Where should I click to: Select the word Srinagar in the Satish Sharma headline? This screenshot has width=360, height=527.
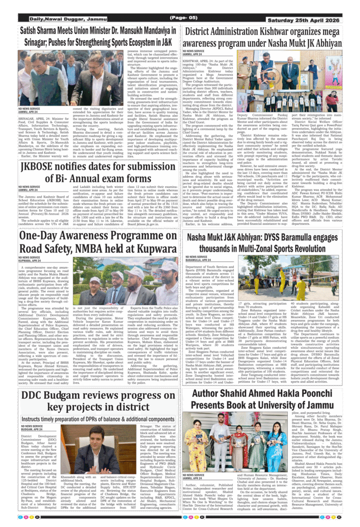pos(38,39)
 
